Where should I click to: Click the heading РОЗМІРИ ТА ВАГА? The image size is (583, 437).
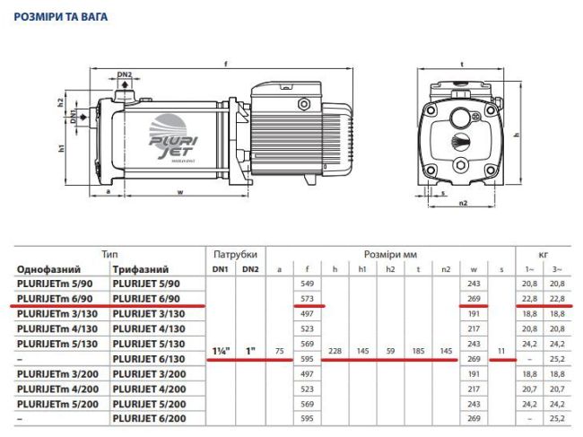[61, 16]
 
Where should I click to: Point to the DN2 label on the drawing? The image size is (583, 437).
[125, 74]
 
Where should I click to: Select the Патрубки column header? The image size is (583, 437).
[236, 254]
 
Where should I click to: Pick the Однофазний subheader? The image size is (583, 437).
[49, 268]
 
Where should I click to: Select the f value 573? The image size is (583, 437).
[308, 297]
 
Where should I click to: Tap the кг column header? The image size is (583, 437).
[542, 254]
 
